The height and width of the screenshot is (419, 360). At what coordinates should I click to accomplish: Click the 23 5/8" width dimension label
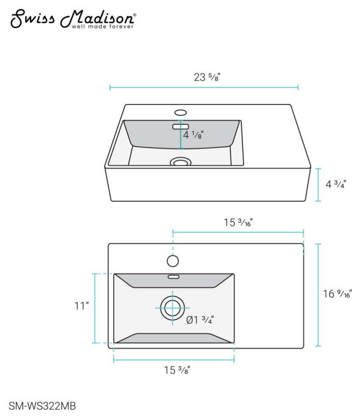point(207,77)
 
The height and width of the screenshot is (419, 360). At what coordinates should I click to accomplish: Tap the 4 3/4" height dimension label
point(336,184)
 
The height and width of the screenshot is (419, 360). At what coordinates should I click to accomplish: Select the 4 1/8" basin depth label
point(193,135)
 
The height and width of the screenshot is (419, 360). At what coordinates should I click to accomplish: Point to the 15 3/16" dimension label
point(238,222)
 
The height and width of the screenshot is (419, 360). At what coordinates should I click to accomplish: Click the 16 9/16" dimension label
point(337,294)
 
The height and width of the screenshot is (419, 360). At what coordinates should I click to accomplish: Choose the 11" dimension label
point(81,306)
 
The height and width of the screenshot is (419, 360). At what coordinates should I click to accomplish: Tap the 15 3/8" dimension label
point(177,370)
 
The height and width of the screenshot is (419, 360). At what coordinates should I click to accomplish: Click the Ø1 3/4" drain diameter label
point(200,320)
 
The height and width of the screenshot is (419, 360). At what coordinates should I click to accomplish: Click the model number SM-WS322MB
point(42,406)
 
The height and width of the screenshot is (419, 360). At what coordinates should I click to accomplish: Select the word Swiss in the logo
point(32,18)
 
